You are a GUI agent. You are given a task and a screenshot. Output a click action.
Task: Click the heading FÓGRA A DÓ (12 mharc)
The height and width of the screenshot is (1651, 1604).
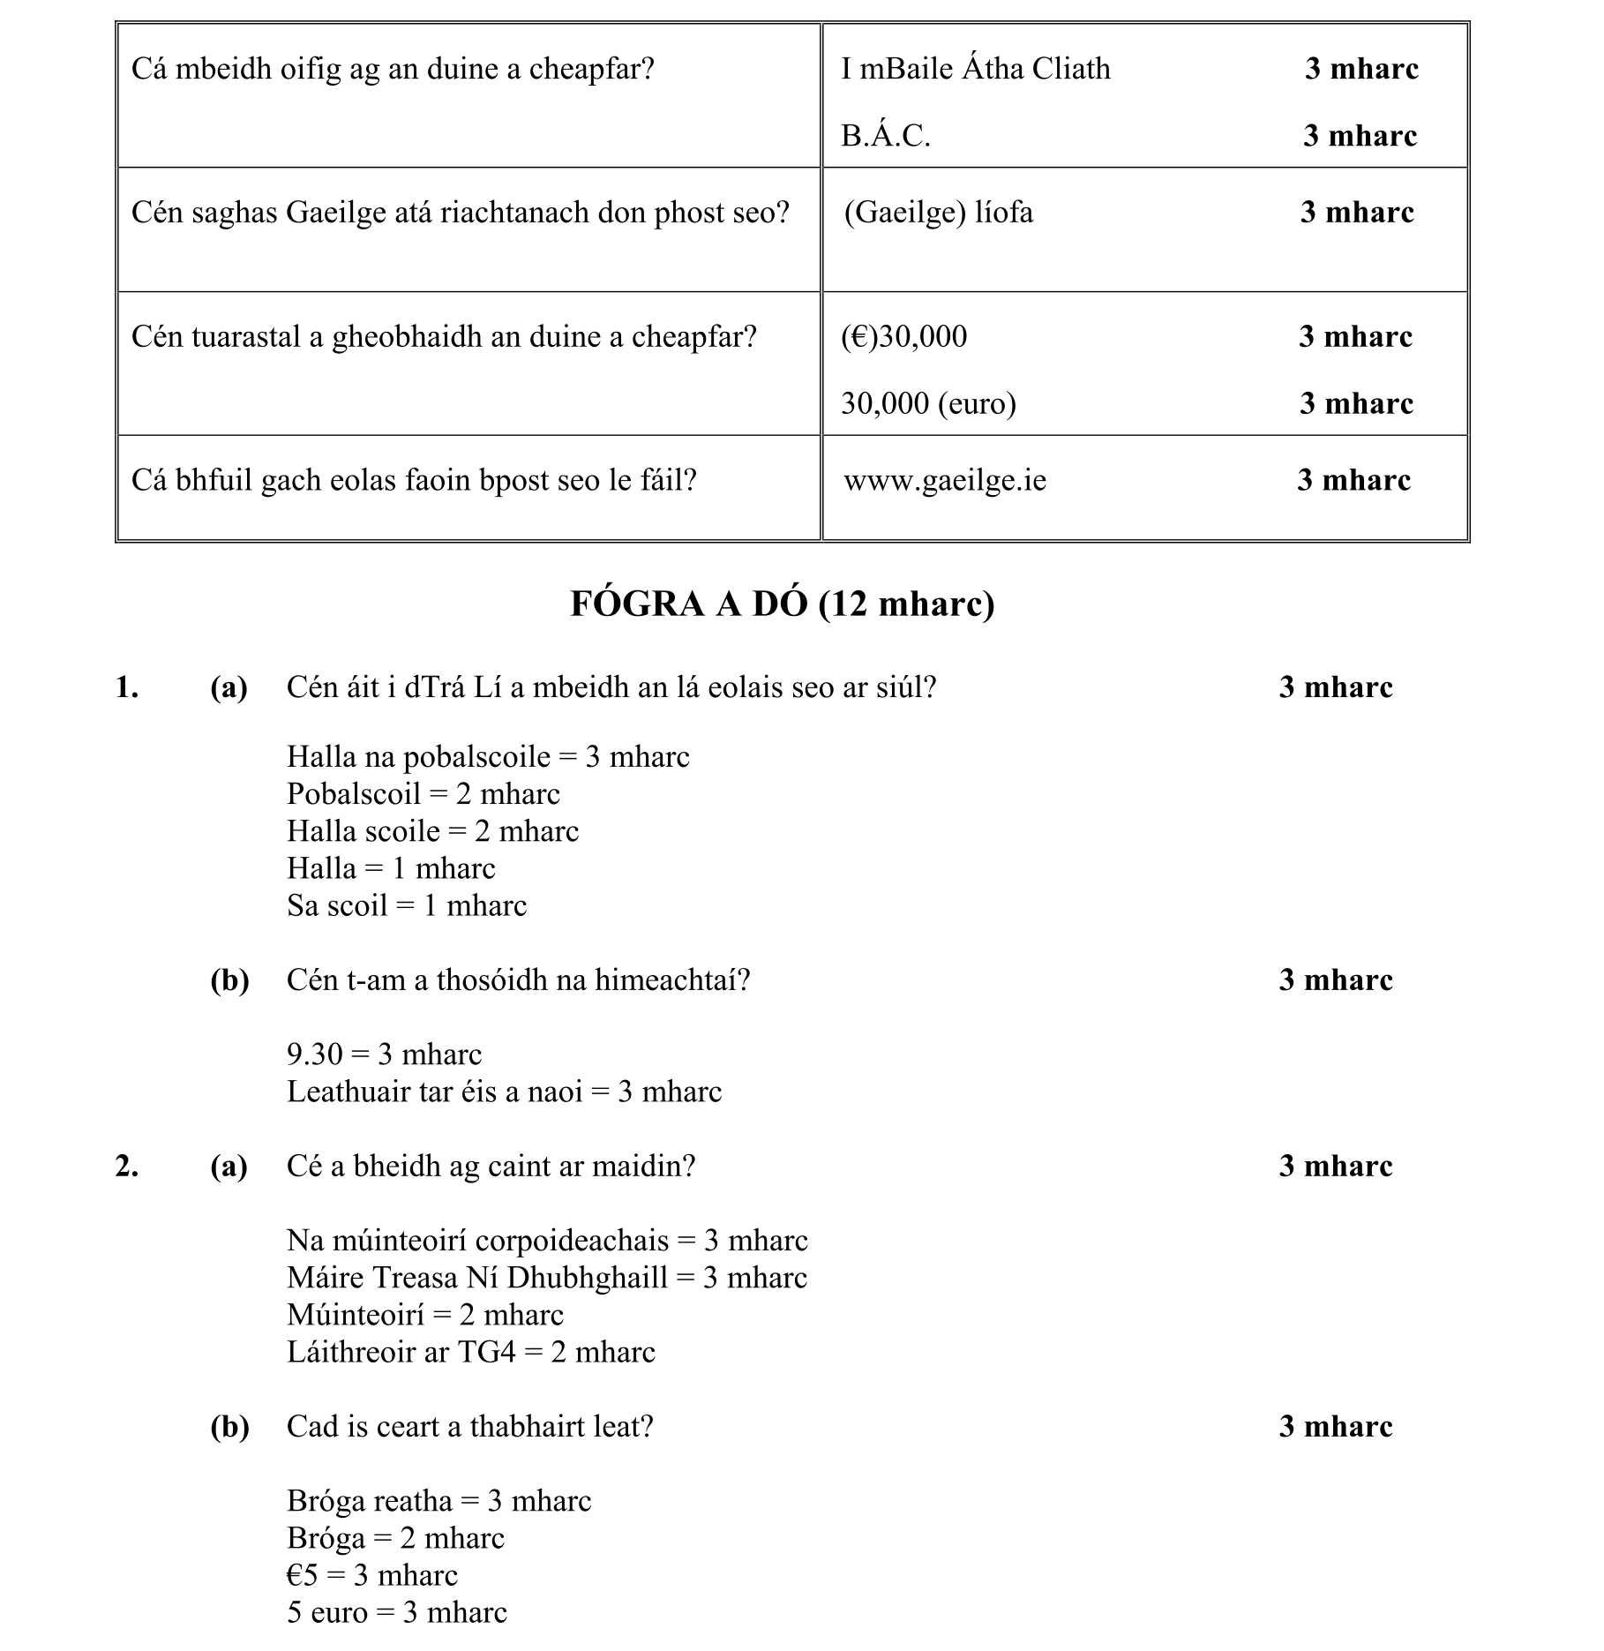(x=783, y=604)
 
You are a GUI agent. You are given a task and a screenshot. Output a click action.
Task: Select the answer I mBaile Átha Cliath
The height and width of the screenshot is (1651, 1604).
(x=975, y=69)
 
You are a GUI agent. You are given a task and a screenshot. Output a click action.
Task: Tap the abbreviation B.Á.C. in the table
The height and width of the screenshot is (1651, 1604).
(x=885, y=136)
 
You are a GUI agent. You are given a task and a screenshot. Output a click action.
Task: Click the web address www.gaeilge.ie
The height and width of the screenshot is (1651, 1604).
(x=945, y=481)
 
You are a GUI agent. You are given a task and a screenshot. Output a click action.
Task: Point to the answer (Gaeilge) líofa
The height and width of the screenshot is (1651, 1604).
(x=938, y=213)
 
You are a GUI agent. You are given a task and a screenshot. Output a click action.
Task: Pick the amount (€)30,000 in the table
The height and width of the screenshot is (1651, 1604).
(x=903, y=336)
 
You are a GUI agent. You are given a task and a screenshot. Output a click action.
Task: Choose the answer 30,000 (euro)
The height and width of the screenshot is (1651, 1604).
(x=928, y=403)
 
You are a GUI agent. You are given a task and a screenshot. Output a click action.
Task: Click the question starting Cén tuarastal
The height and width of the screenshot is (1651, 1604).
(x=444, y=336)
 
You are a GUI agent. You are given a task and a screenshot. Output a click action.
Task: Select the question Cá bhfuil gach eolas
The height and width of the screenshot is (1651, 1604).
(x=414, y=481)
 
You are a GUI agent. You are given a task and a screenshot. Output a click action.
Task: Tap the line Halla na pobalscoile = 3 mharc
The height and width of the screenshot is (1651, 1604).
(x=488, y=757)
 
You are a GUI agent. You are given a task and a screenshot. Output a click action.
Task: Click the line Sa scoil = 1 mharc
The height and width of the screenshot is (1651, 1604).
(x=407, y=906)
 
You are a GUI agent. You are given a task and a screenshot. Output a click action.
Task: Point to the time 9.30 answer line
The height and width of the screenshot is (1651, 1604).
(x=384, y=1054)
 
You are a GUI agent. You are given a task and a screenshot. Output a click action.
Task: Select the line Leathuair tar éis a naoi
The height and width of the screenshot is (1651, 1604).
(x=504, y=1092)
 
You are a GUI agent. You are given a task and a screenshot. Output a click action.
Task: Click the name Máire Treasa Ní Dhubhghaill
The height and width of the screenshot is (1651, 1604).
(x=477, y=1278)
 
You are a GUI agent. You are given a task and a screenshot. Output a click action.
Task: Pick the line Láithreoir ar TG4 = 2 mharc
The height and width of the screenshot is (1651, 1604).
(x=471, y=1352)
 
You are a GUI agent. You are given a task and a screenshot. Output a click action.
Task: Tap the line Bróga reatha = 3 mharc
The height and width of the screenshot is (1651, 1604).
(x=438, y=1501)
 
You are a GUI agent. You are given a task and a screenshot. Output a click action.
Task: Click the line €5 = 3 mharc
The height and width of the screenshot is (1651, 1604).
(x=372, y=1575)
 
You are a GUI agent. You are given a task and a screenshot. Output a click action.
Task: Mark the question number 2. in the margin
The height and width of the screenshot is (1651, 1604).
(x=127, y=1167)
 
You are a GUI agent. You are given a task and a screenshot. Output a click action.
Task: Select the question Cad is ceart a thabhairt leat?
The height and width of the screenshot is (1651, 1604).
(x=469, y=1427)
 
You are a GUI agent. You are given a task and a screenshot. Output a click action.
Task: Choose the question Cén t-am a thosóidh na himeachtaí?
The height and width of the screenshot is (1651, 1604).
(x=518, y=980)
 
